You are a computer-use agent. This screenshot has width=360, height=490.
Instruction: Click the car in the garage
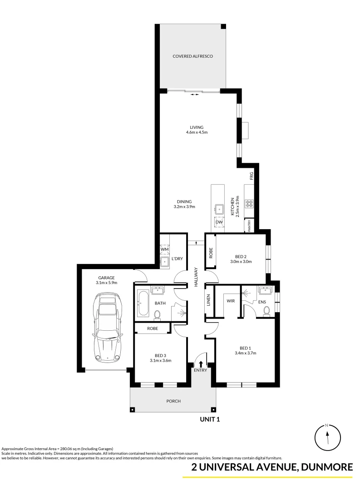tap(108, 327)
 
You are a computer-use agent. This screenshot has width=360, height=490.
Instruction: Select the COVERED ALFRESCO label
tap(192, 56)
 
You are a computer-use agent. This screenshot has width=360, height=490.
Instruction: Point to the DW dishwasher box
tap(219, 221)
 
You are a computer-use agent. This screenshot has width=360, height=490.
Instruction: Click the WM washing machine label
tap(164, 249)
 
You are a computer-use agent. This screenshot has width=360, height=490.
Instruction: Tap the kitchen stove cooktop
tap(249, 203)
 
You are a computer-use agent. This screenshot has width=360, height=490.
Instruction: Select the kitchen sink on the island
tap(219, 209)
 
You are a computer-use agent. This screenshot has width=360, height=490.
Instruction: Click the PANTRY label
tap(249, 225)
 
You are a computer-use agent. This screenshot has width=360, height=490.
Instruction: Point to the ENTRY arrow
tap(201, 363)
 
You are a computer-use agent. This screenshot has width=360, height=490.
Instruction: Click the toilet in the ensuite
tap(266, 309)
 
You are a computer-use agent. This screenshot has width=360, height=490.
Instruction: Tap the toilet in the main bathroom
tap(158, 314)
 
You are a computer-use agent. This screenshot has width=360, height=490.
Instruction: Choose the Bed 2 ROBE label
tap(211, 253)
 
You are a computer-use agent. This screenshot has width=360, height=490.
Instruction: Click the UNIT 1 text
tap(210, 420)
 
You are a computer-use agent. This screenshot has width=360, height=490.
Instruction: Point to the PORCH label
tap(173, 401)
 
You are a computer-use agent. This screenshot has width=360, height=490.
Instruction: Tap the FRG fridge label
tap(251, 175)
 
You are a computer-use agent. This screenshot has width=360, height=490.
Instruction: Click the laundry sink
tap(164, 261)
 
